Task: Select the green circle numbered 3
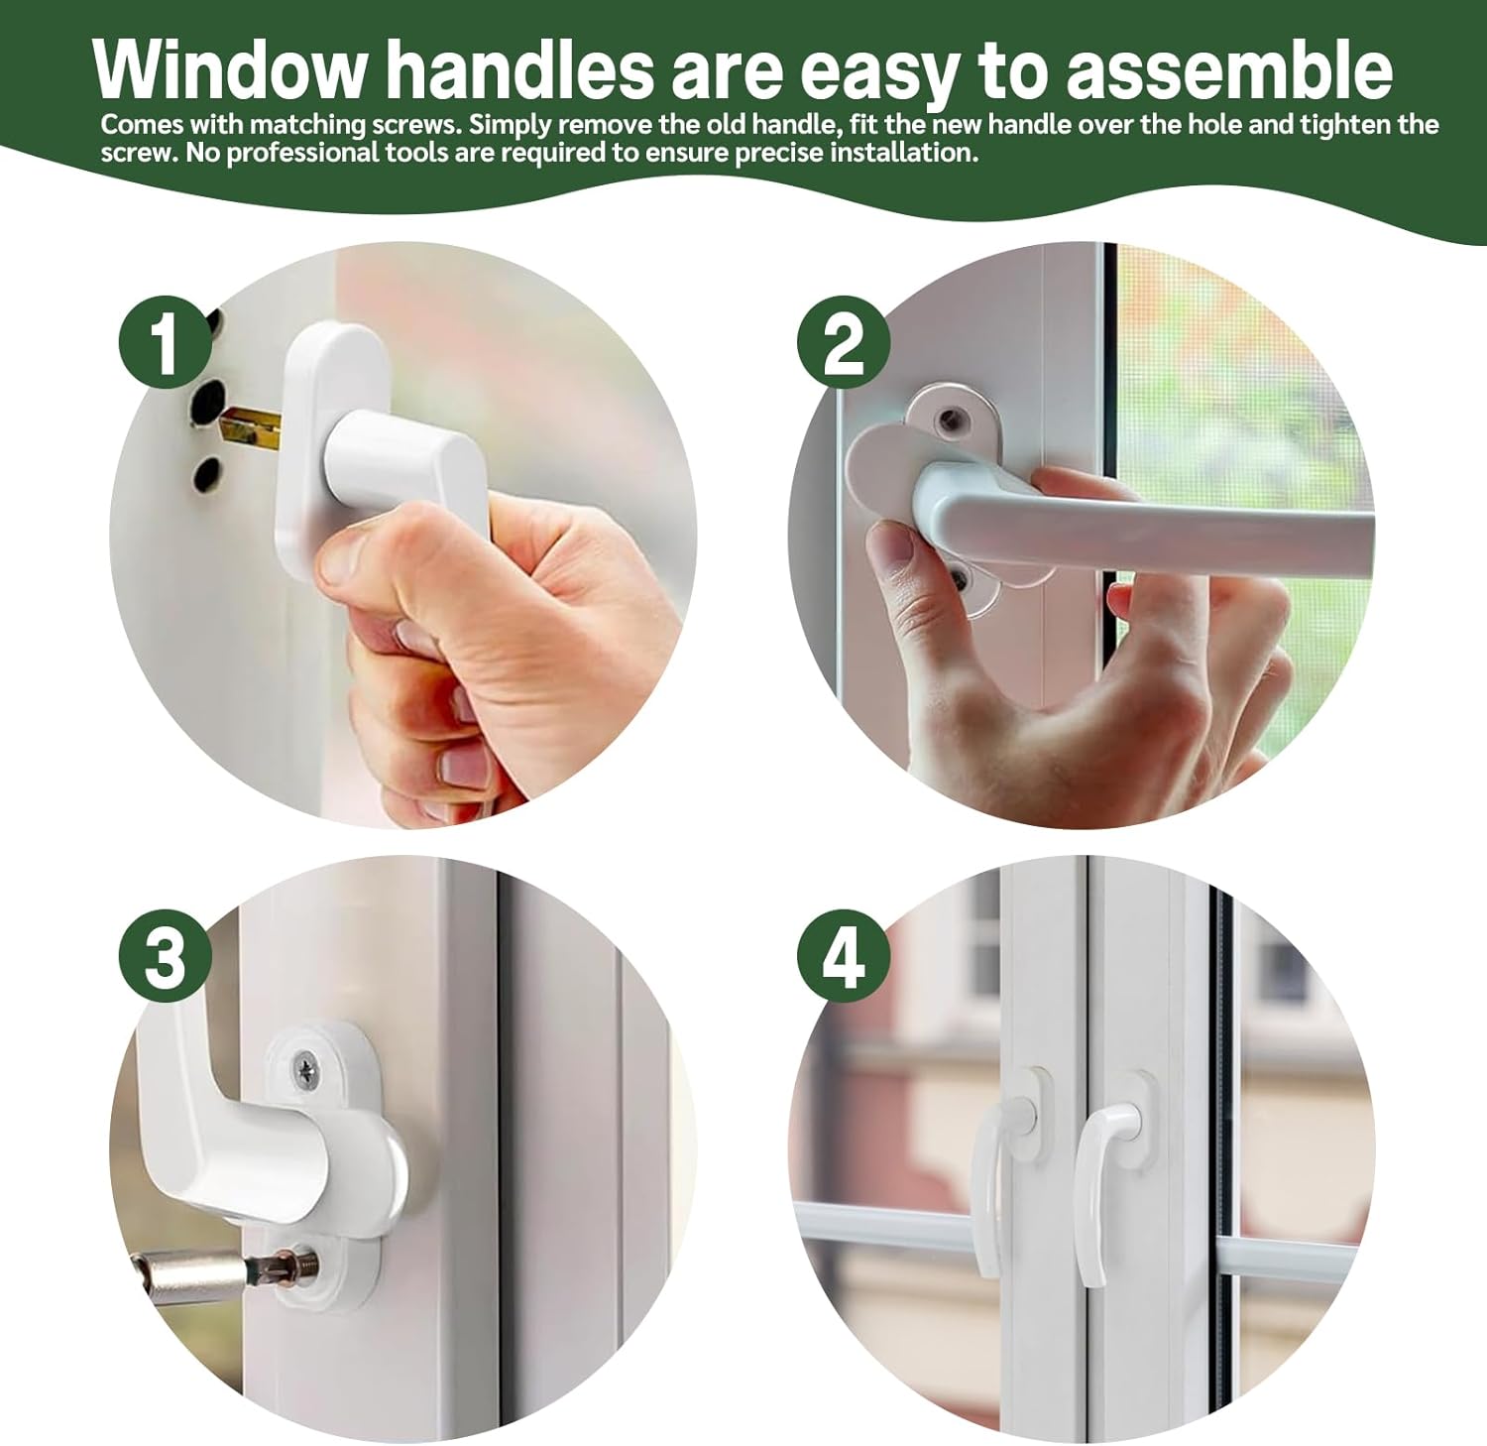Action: click(166, 959)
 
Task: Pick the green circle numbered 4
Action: click(844, 959)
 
